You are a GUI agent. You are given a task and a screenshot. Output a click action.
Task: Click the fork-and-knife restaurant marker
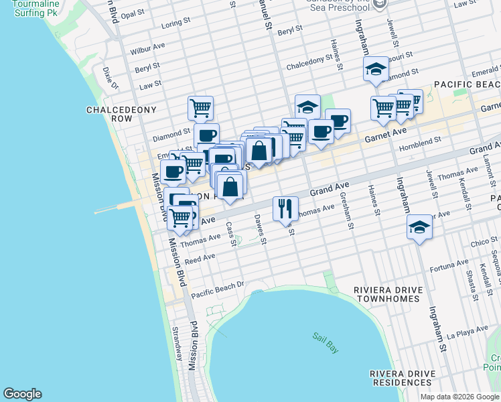[286, 208]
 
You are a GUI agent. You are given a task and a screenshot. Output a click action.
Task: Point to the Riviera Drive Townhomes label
[388, 295]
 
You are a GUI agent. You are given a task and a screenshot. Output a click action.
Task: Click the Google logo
[22, 394]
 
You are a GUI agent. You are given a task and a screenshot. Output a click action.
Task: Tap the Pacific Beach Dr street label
[218, 289]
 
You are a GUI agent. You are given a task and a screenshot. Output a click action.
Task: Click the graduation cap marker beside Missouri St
[376, 69]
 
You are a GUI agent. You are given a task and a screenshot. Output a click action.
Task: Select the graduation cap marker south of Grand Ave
[419, 227]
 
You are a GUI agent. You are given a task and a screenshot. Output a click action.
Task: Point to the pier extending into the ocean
[117, 209]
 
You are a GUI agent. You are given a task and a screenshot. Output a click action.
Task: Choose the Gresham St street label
[347, 211]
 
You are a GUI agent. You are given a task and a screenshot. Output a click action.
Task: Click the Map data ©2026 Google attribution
[459, 397]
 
